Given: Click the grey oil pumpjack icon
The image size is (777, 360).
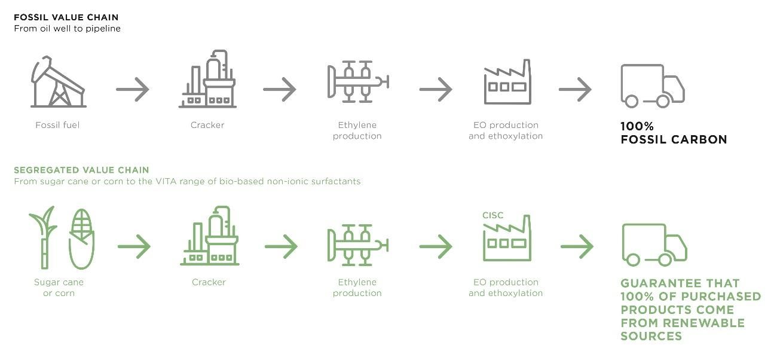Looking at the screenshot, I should pyautogui.click(x=58, y=81).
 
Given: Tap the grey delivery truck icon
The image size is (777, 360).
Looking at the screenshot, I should pyautogui.click(x=653, y=86).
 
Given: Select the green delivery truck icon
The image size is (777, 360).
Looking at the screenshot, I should pyautogui.click(x=654, y=245).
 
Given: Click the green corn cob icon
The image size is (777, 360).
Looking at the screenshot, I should pyautogui.click(x=81, y=238).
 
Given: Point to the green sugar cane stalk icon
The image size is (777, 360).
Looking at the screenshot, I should pyautogui.click(x=43, y=238).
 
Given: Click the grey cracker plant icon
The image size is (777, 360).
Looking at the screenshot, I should pyautogui.click(x=207, y=80).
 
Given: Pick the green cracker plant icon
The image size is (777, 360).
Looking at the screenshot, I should pyautogui.click(x=209, y=237).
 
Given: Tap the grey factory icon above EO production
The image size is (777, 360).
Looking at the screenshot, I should pyautogui.click(x=507, y=83).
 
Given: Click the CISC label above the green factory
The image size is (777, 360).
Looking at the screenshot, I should pyautogui.click(x=493, y=215).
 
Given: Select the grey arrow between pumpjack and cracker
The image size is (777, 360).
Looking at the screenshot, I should pyautogui.click(x=133, y=90).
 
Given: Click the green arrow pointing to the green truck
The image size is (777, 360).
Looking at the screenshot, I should pyautogui.click(x=577, y=246).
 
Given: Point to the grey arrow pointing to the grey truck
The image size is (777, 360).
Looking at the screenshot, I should pyautogui.click(x=575, y=90).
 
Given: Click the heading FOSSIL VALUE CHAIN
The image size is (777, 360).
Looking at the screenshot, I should pyautogui.click(x=66, y=17).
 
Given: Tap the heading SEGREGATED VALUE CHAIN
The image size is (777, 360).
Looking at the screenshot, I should pyautogui.click(x=81, y=170).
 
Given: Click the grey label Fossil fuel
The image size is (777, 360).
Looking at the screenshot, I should pyautogui.click(x=57, y=125).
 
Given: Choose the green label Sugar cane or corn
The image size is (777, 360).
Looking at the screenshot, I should pyautogui.click(x=59, y=288).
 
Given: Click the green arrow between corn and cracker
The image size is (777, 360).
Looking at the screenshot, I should pyautogui.click(x=134, y=246).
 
